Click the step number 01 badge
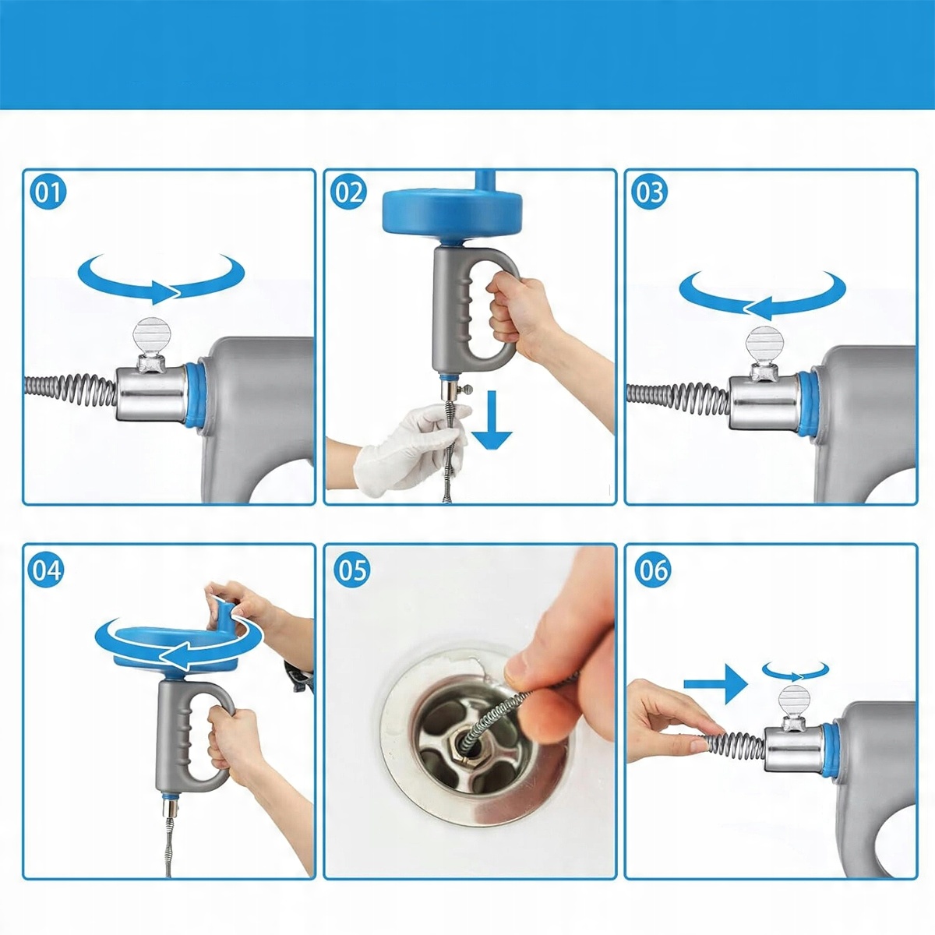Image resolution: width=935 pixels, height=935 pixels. (48, 192)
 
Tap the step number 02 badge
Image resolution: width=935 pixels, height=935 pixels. (348, 192)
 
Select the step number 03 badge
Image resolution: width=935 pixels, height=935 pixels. (649, 192)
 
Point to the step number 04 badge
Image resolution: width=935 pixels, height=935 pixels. (48, 570)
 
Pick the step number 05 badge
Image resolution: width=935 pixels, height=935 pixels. (351, 570)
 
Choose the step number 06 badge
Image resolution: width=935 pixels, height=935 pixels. (653, 570)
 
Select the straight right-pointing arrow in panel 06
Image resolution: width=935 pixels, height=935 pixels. (716, 685)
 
